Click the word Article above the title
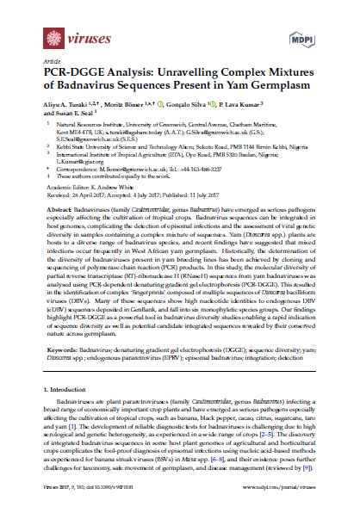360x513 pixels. click(53, 61)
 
